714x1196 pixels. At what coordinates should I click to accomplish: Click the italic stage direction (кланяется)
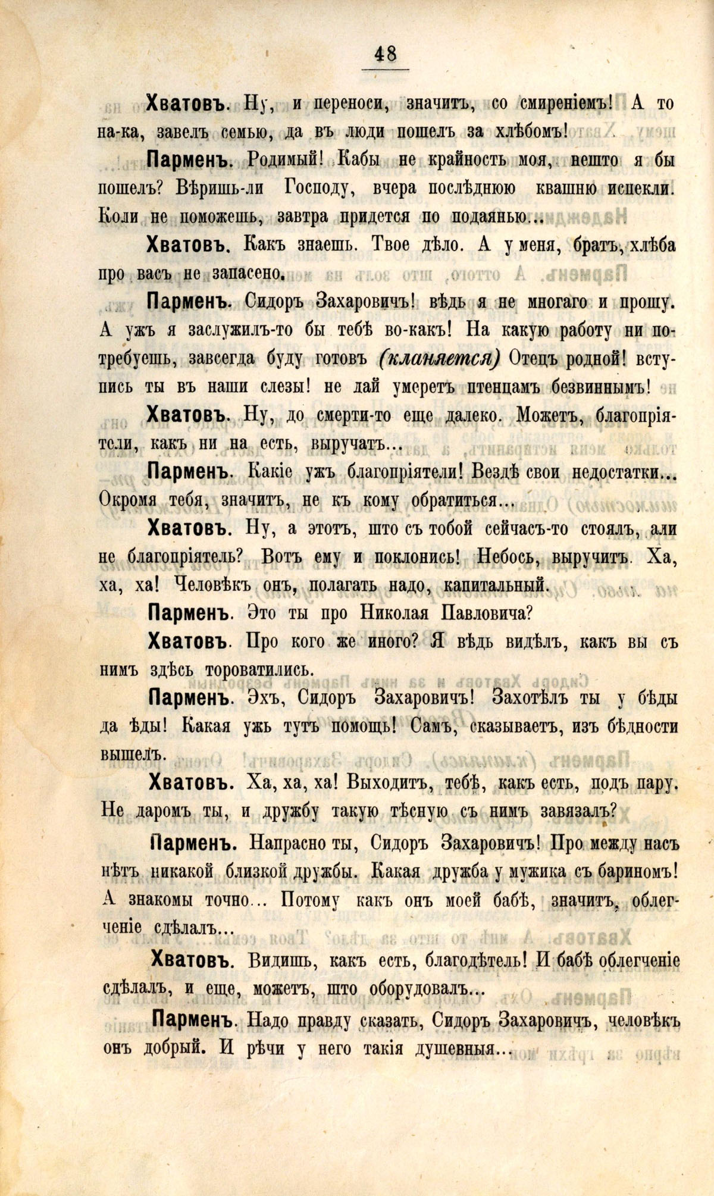coord(439,359)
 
